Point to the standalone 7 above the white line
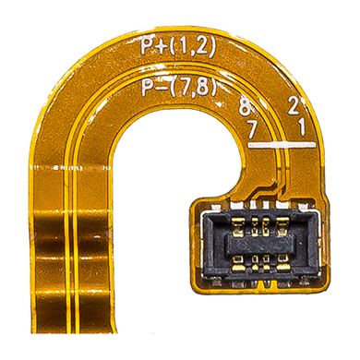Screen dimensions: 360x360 coord(252,130)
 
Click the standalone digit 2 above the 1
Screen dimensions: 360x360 coord(292,105)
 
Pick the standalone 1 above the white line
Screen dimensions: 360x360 coord(302,127)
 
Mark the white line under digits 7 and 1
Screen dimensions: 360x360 coord(282,145)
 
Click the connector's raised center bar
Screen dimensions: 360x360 coord(259,246)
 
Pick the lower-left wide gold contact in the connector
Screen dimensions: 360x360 coord(238,265)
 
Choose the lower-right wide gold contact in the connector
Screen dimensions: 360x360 coord(282,265)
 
